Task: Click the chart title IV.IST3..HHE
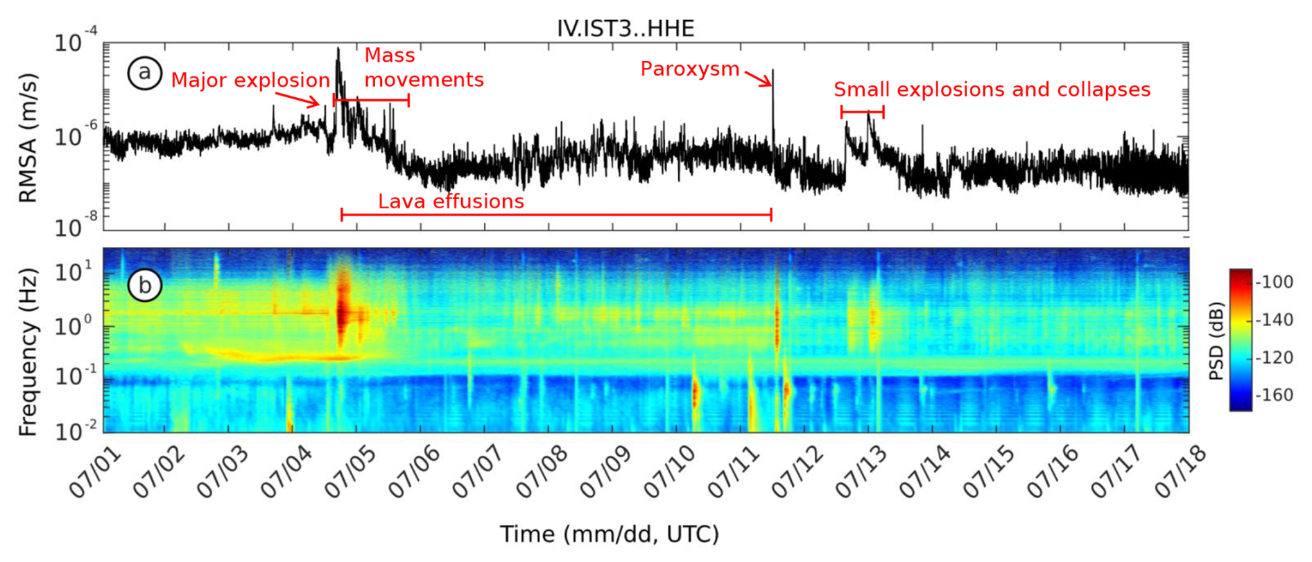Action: pos(625,28)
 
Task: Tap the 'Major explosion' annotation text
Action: pos(250,80)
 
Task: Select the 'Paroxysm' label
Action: pos(690,69)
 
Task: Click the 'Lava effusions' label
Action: pos(451,201)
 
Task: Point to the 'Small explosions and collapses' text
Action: pos(992,90)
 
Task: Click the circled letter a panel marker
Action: pos(144,72)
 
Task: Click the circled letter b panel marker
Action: pos(144,284)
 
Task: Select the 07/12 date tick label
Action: pos(798,472)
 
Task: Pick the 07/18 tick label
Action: pos(1181,472)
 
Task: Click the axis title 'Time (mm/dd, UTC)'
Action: pos(610,534)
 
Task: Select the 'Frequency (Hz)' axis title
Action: pos(28,352)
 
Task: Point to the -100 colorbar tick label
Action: pos(1275,282)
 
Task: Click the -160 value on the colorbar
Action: pos(1275,395)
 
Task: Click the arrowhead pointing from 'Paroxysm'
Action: pos(768,84)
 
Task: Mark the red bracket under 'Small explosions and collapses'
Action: pos(862,111)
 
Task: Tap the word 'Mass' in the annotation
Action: pos(390,56)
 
